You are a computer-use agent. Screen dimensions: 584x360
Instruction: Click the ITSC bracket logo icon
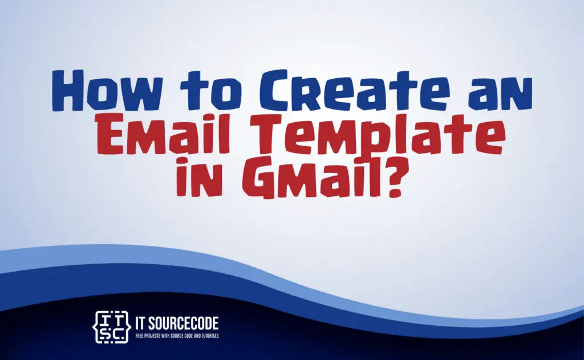111,327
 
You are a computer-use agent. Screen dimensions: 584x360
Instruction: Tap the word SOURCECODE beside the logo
183,323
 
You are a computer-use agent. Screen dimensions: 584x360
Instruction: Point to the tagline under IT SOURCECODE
177,336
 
